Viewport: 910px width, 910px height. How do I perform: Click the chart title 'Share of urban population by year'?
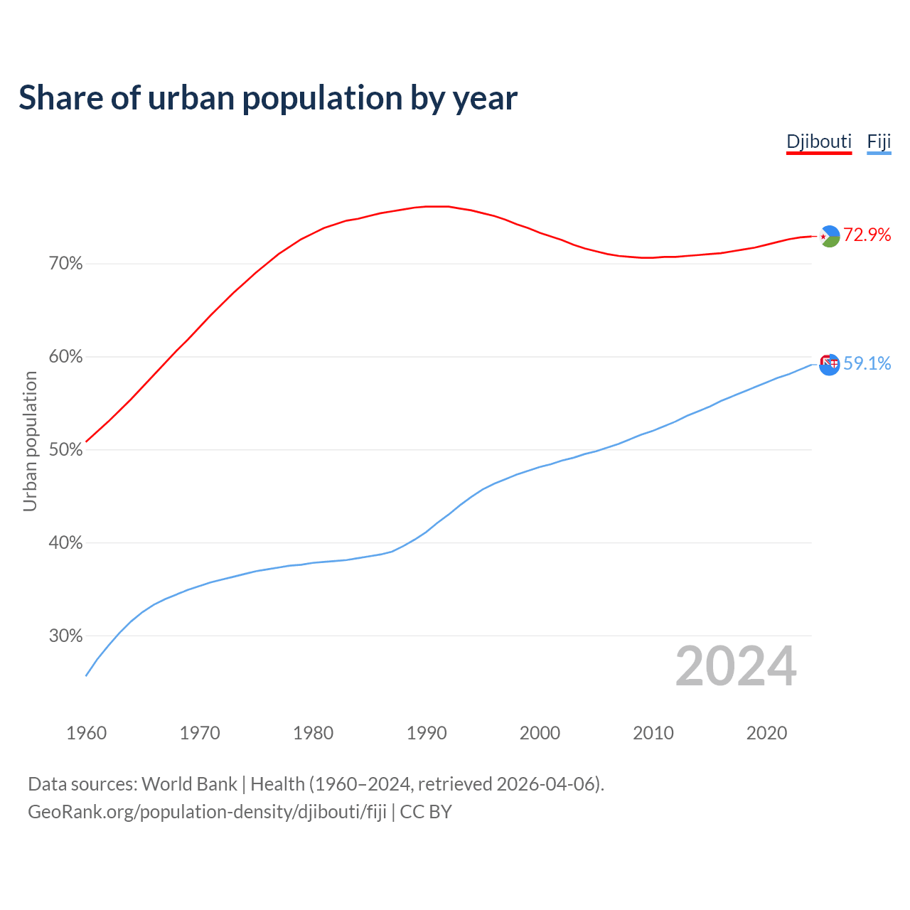click(x=268, y=98)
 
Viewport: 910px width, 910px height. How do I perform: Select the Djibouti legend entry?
click(x=818, y=141)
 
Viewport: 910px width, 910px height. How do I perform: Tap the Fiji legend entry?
click(x=879, y=141)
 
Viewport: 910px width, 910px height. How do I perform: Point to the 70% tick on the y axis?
click(x=65, y=264)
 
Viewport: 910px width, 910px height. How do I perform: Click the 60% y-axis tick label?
click(x=65, y=357)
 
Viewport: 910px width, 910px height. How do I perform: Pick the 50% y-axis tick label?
click(x=65, y=450)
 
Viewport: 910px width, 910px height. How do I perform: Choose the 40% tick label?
click(x=65, y=543)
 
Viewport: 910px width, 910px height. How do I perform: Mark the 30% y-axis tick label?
click(x=65, y=636)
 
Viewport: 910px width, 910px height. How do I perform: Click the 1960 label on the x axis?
click(x=86, y=733)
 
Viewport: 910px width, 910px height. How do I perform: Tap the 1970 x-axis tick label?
click(x=200, y=733)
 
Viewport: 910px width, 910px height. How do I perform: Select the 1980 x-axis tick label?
click(x=313, y=733)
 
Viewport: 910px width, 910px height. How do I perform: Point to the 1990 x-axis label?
click(x=427, y=733)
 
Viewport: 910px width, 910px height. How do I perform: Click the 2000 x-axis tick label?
click(x=540, y=733)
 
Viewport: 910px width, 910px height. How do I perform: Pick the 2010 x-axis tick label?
click(x=653, y=733)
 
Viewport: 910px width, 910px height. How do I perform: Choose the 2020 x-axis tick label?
click(x=766, y=733)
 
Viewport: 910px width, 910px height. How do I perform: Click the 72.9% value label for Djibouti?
click(x=867, y=235)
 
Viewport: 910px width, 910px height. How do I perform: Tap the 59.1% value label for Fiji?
click(x=867, y=364)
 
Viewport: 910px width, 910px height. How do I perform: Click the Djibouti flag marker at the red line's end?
click(x=830, y=236)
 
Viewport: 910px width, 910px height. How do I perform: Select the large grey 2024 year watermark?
click(x=736, y=666)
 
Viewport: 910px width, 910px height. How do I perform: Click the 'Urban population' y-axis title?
click(x=30, y=441)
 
